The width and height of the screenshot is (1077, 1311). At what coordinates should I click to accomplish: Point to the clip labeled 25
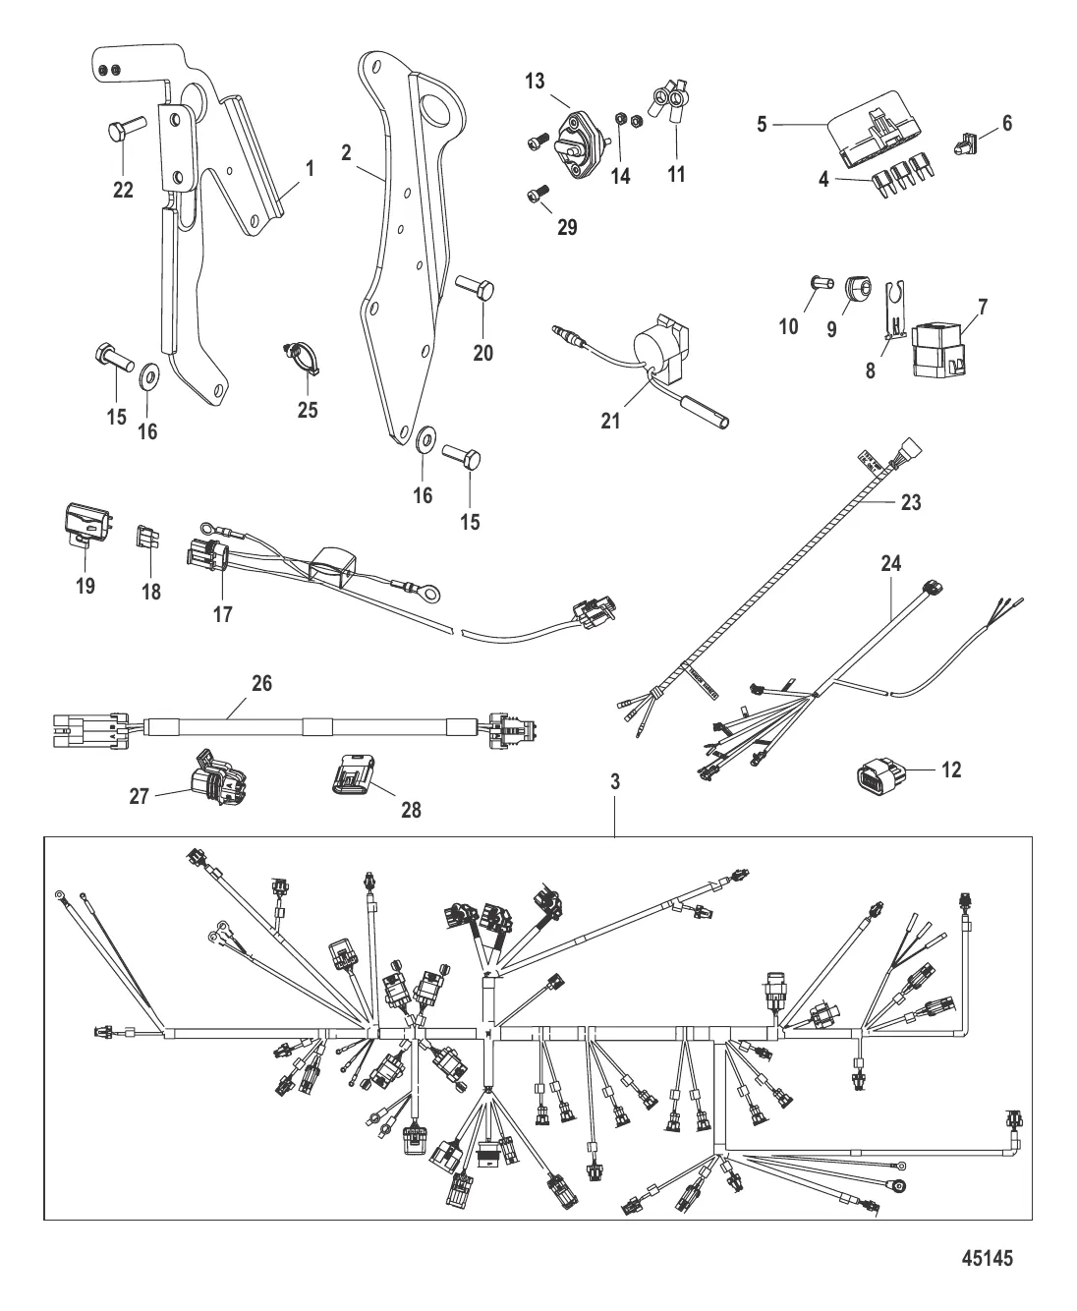(301, 354)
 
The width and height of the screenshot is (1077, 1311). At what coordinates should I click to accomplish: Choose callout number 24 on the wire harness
(891, 564)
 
